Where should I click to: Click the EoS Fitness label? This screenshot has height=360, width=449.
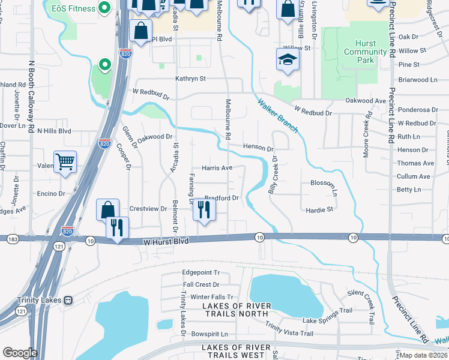73,8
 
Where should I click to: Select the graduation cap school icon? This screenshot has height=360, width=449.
288,60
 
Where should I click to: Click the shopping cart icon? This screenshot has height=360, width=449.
65,161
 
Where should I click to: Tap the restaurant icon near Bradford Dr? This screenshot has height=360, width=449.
205,210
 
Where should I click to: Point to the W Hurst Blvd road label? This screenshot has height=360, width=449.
166,241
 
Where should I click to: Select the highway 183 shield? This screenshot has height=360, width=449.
12,239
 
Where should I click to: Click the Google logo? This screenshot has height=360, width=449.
20,352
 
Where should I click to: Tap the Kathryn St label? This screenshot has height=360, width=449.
190,79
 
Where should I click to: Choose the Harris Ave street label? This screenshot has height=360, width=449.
217,168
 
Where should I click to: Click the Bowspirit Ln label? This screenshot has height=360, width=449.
209,334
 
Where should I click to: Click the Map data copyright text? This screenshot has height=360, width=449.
423,355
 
